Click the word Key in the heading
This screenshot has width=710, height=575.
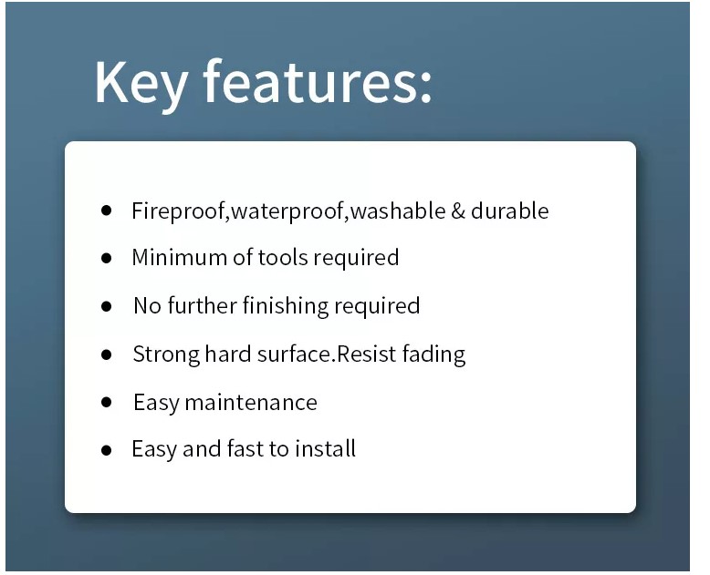click(140, 84)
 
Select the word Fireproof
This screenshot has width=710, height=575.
click(178, 211)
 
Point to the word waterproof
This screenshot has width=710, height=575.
click(287, 211)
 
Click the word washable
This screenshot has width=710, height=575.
click(398, 210)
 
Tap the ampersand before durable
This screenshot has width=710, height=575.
click(458, 211)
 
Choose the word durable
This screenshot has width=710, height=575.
click(510, 210)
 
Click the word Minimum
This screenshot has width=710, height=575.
click(180, 257)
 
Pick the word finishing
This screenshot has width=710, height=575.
click(286, 306)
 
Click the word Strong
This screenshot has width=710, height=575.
click(166, 354)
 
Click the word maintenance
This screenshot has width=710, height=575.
click(251, 403)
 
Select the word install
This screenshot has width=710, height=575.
click(325, 448)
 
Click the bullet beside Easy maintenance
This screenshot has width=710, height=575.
click(107, 402)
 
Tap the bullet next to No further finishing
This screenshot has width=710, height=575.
click(107, 306)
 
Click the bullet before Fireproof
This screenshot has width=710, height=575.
click(107, 210)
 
